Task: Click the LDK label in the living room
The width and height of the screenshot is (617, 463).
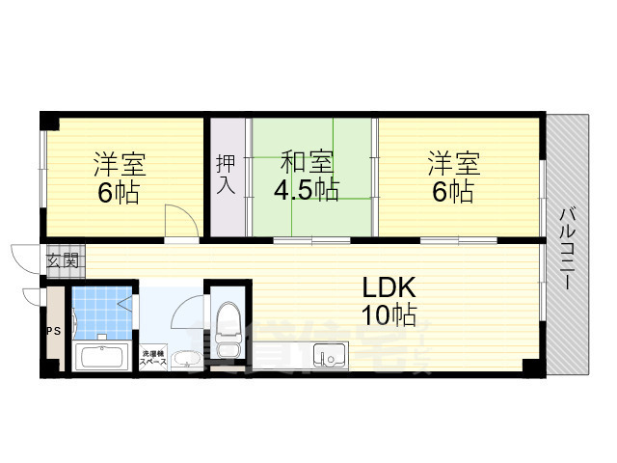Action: click(x=389, y=287)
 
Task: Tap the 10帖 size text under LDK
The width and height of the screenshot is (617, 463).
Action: click(x=389, y=314)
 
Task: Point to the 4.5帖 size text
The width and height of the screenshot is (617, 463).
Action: click(x=306, y=190)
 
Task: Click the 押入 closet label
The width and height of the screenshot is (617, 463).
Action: click(x=225, y=173)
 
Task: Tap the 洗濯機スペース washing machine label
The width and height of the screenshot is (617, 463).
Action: click(x=154, y=357)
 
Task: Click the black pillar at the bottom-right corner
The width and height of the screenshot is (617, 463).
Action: click(x=530, y=368)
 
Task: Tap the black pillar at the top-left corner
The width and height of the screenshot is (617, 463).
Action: click(x=50, y=122)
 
